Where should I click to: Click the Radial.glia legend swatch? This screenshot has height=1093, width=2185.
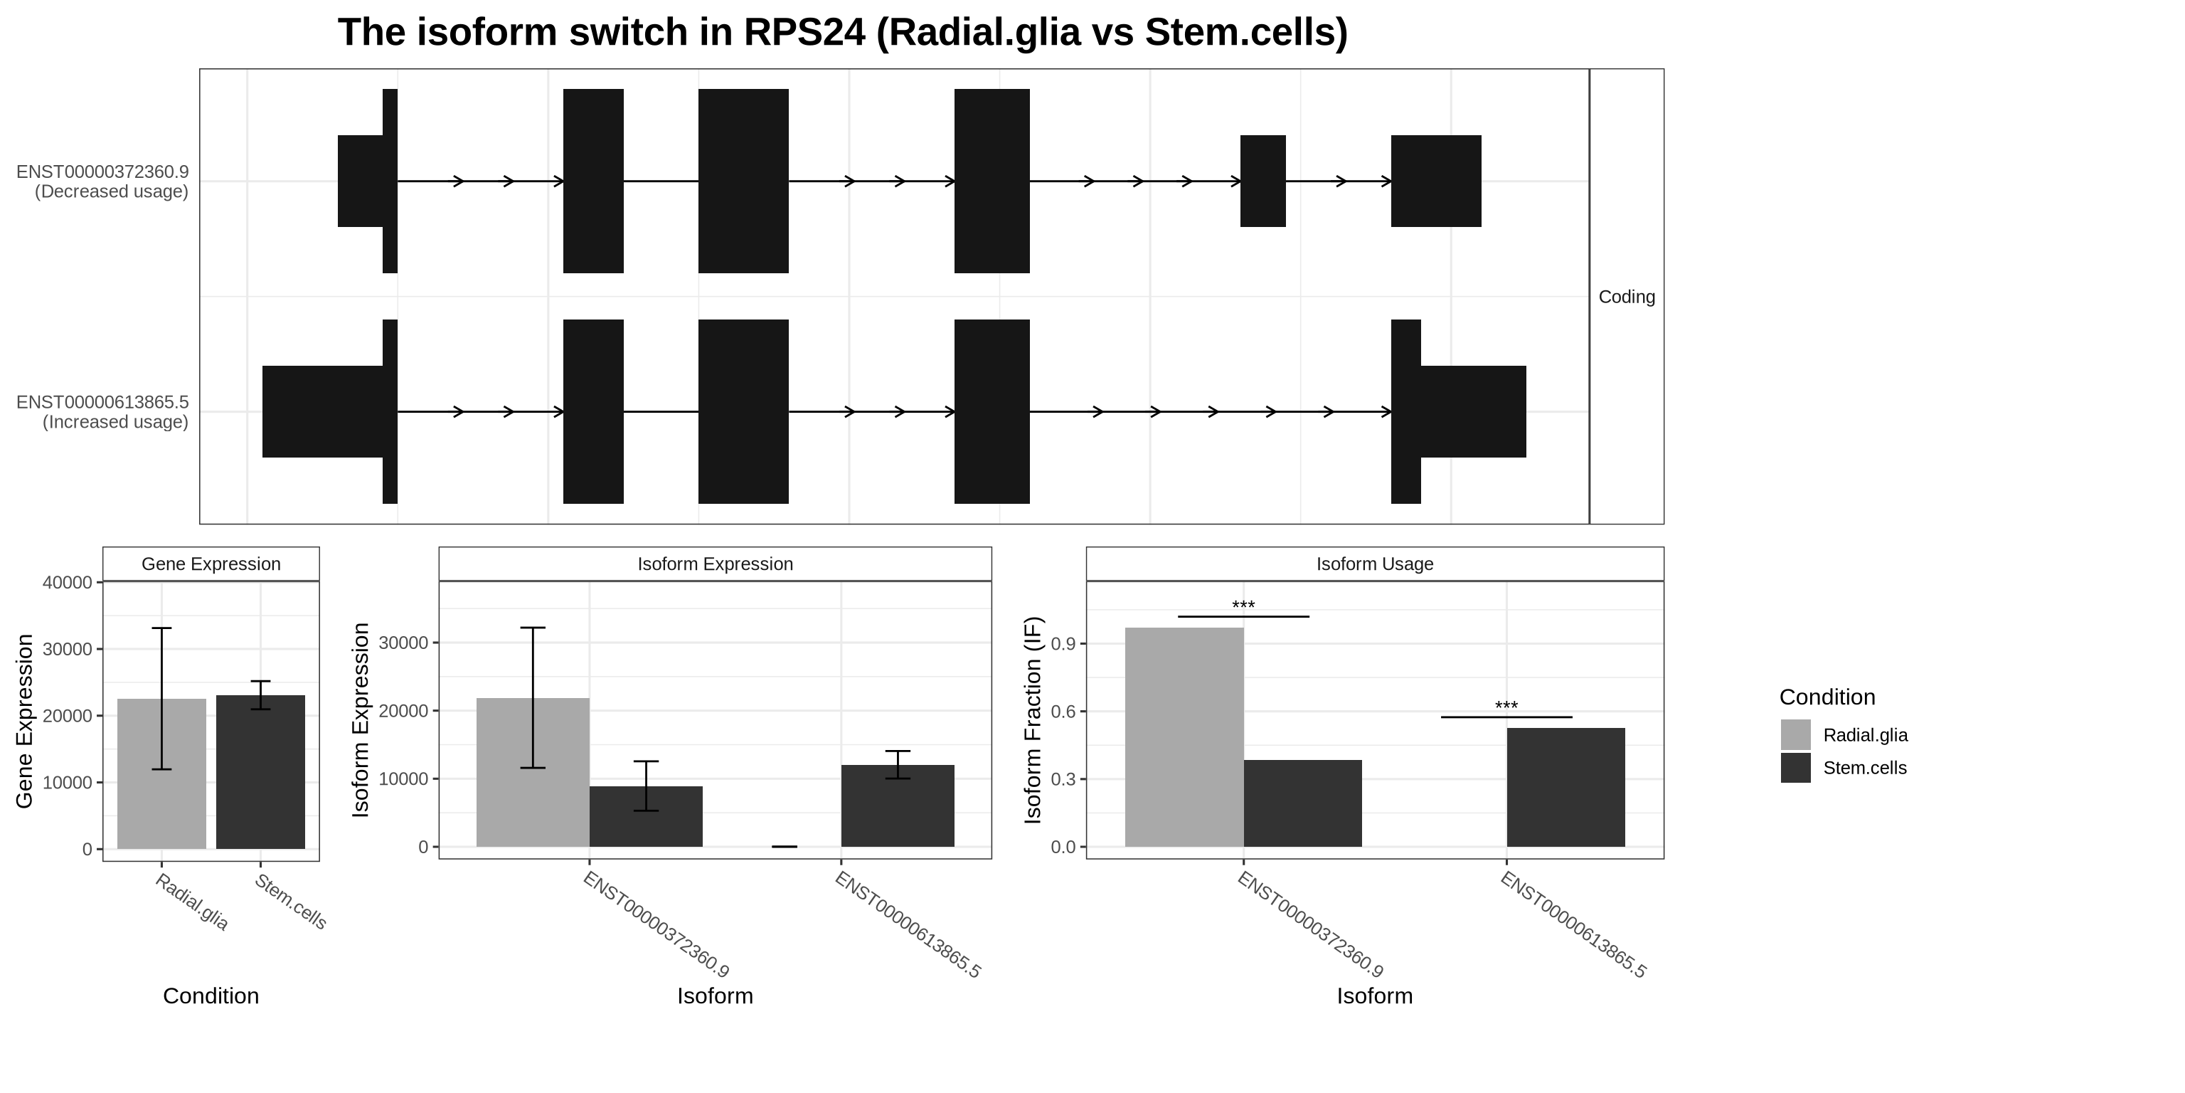[1795, 735]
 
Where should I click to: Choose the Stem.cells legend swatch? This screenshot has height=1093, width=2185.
[1795, 768]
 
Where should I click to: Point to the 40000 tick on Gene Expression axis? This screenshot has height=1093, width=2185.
[67, 582]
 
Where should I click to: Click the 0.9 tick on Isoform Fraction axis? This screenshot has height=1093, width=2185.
[1063, 643]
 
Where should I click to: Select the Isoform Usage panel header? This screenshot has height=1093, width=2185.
[1374, 564]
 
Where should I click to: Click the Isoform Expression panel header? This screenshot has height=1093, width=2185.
[714, 564]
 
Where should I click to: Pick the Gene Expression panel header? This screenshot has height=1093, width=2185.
[211, 564]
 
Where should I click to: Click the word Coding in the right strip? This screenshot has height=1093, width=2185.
[1626, 297]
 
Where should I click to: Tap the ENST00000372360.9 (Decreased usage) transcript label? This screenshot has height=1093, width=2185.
[102, 181]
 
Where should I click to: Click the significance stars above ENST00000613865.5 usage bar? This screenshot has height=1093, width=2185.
[1506, 706]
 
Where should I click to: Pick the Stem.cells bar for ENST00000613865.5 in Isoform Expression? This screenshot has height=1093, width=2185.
[898, 806]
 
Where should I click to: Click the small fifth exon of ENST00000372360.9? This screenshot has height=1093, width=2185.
[1262, 181]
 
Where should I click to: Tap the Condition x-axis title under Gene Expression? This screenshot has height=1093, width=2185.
[211, 996]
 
